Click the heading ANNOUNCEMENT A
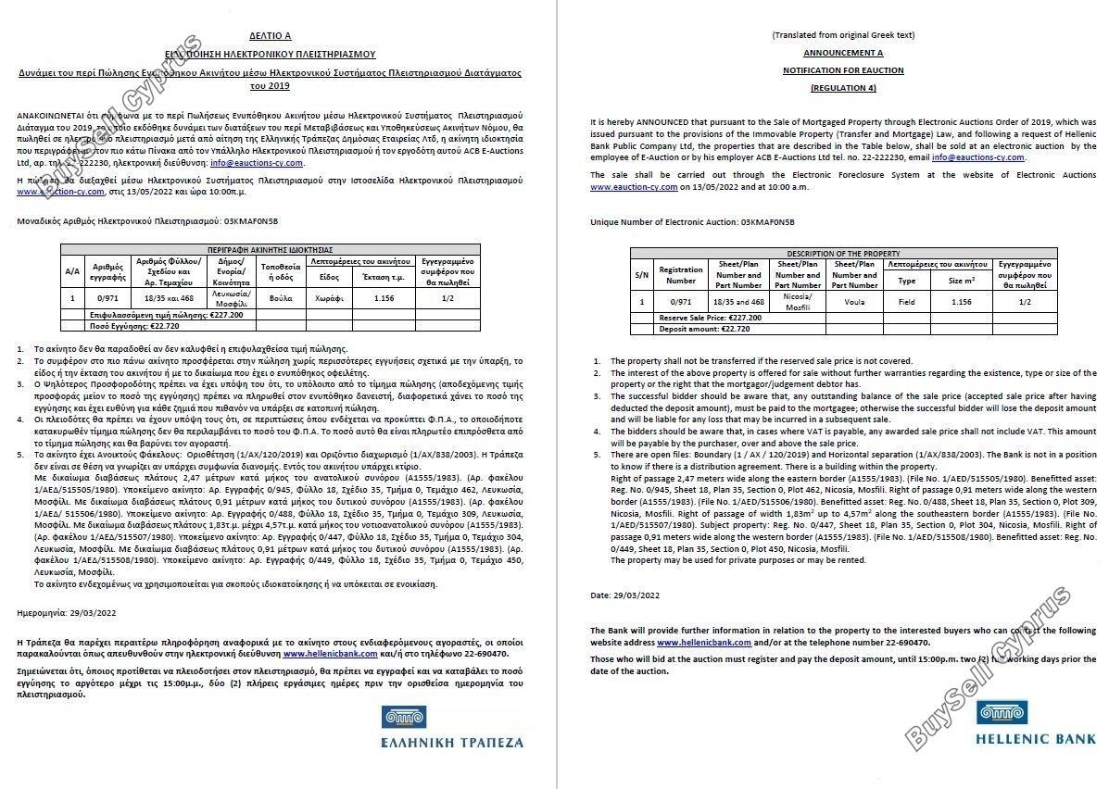pos(842,53)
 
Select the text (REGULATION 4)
pos(842,87)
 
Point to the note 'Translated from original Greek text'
pos(842,35)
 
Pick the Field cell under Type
pos(906,302)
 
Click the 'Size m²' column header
pos(962,281)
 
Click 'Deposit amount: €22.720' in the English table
pos(704,329)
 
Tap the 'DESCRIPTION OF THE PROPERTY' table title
pos(842,254)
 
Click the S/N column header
pos(641,275)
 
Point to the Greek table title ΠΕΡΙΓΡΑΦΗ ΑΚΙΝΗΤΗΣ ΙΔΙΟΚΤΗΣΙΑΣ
pos(271,250)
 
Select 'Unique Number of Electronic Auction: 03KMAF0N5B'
pos(692,222)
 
